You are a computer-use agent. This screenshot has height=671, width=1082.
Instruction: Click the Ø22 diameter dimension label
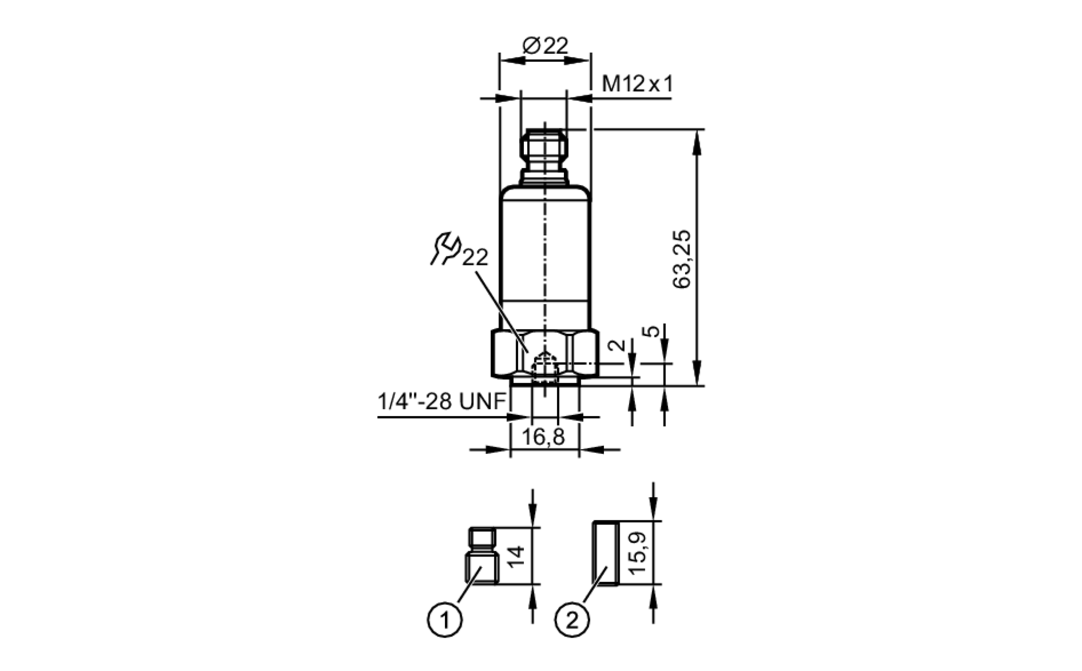pos(545,46)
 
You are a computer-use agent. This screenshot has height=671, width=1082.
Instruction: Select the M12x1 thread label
pos(637,84)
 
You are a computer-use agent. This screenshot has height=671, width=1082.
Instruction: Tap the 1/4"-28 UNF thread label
pos(441,402)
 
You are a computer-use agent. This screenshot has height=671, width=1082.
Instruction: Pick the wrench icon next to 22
pos(445,248)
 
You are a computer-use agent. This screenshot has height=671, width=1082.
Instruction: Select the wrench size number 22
pos(475,258)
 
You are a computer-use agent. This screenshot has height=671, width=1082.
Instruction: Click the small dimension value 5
pos(654,331)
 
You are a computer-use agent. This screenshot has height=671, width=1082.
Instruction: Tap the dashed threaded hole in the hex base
pos(544,368)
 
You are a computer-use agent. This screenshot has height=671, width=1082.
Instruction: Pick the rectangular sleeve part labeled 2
pos(606,553)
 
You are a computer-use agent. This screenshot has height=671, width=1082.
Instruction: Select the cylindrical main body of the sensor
pos(545,249)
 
